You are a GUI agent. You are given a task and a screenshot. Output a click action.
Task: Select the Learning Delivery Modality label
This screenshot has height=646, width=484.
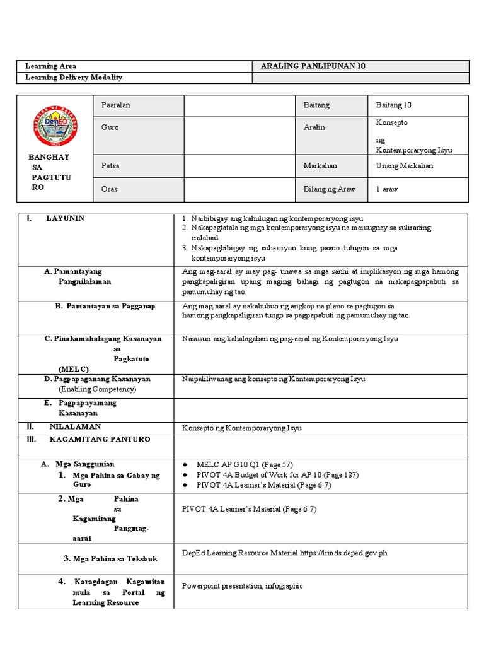coord(73,78)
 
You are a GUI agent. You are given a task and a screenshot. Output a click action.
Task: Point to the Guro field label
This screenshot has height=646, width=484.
coord(110,127)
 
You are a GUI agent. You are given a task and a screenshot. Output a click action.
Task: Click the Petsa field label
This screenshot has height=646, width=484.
coord(110,166)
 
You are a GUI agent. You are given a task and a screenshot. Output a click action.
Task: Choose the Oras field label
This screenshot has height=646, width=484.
coord(110,189)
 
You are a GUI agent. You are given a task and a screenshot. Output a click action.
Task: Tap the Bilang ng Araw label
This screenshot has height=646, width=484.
coord(329,189)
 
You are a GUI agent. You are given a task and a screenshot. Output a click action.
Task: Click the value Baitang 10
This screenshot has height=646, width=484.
coord(393,105)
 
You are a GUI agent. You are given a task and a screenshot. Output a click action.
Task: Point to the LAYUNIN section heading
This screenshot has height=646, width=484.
coord(65,218)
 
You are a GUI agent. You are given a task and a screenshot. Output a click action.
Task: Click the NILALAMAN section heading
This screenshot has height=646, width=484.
coord(71,427)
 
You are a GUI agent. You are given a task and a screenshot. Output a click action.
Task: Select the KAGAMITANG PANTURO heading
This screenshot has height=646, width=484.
coord(100,439)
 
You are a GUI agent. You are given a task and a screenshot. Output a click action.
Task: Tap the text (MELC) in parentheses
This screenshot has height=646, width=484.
coord(74,368)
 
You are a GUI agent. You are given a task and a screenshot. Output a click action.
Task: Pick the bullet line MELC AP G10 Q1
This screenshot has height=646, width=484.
coord(245,464)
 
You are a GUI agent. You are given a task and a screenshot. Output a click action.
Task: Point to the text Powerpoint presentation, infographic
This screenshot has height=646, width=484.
coord(243,586)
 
